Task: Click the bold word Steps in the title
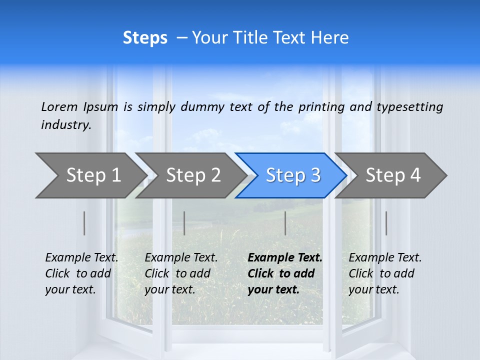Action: click(145, 38)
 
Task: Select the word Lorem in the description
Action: click(59, 106)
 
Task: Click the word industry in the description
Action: click(65, 125)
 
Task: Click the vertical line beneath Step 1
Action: click(84, 223)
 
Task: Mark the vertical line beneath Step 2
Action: click(184, 223)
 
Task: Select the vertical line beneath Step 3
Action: click(285, 223)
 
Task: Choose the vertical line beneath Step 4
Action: click(386, 223)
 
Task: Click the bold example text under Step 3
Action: click(284, 273)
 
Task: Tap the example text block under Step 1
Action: click(81, 273)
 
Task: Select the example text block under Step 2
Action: click(180, 273)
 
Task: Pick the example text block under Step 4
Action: click(384, 273)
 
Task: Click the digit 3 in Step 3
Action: click(315, 175)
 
